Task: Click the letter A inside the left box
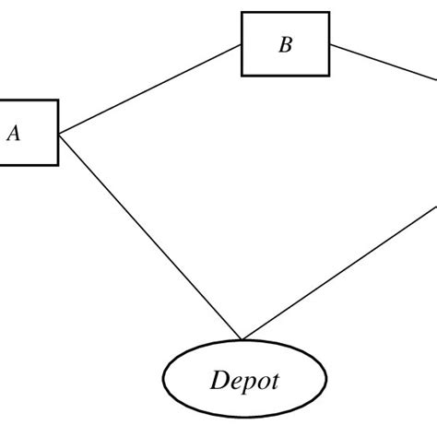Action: pos(14,134)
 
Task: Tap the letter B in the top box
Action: pos(285,45)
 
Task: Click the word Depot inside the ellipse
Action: pos(243,380)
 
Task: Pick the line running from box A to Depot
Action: pos(148,234)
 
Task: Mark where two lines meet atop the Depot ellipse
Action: pos(242,339)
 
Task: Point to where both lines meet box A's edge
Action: pos(59,135)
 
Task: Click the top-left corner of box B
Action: pos(242,13)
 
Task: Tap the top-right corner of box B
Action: pos(329,13)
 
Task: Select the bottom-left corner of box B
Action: pos(242,76)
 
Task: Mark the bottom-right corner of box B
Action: pos(329,76)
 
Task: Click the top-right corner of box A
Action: pos(59,100)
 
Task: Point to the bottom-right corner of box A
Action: pos(59,165)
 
